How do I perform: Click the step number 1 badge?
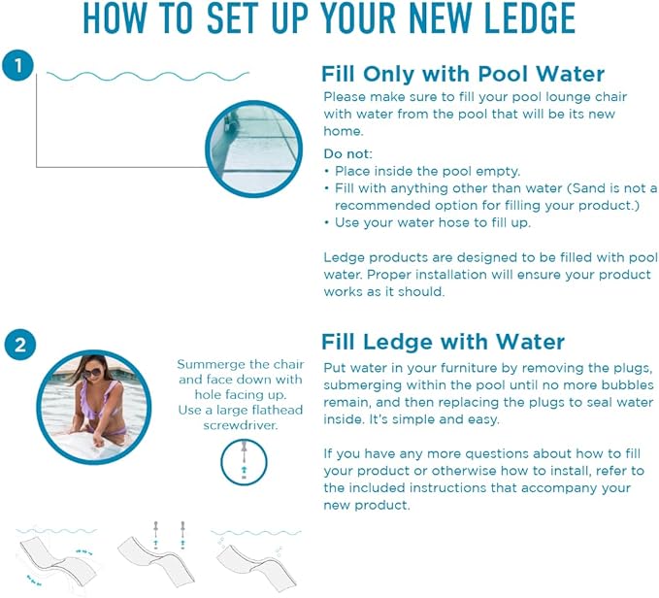[17, 66]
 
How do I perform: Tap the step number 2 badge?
[20, 345]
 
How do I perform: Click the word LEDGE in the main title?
[529, 18]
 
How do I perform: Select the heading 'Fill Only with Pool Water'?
[463, 74]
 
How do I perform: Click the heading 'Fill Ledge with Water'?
[443, 342]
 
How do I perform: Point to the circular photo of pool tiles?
[253, 149]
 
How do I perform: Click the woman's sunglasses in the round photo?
[91, 373]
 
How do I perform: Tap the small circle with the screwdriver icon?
[244, 462]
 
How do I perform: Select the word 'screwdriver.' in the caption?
[241, 425]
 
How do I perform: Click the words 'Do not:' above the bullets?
[348, 153]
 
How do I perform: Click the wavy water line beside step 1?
[148, 77]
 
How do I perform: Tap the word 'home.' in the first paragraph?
[344, 131]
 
